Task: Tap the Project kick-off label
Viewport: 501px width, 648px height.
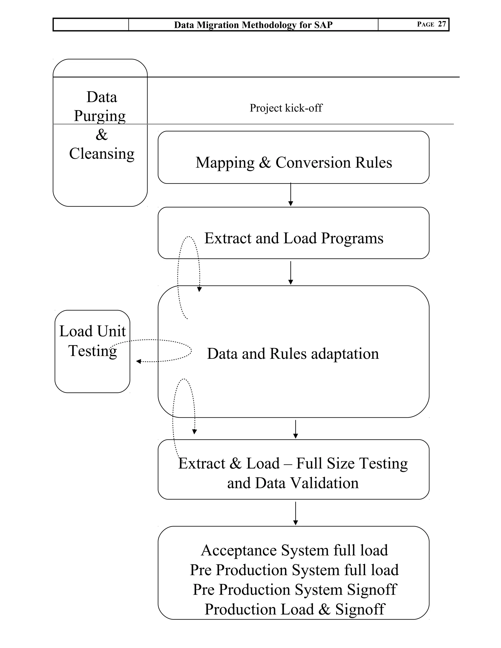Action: pos(285,108)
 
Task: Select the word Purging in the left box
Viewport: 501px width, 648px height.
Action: pos(100,116)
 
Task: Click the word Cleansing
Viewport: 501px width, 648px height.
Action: pos(102,154)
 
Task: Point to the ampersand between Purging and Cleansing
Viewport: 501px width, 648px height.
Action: pos(102,135)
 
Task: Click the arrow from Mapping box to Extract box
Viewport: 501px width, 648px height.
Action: pos(291,195)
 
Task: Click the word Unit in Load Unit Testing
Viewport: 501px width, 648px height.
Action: pos(111,331)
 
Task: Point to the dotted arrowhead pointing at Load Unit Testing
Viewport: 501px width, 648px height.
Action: pos(138,361)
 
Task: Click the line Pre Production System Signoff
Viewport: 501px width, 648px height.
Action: pos(295,590)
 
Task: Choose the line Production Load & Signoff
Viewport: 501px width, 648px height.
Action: pos(295,609)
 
